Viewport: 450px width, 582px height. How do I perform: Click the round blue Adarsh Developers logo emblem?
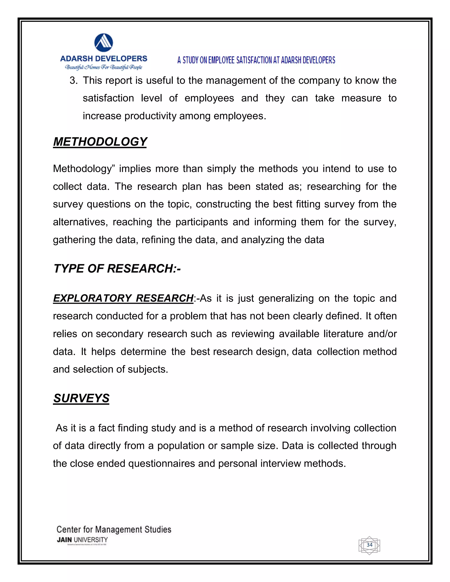coord(104,43)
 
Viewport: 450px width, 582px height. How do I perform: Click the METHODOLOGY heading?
coord(100,142)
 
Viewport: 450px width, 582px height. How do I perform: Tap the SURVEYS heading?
coord(81,398)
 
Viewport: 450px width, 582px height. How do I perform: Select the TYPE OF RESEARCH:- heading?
coord(117,269)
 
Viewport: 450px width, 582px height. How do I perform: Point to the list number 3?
coord(73,80)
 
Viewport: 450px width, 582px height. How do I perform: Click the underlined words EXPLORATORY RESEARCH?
coord(123,298)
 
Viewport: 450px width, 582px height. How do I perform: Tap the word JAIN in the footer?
coord(64,540)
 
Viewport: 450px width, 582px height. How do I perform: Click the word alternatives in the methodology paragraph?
coord(80,222)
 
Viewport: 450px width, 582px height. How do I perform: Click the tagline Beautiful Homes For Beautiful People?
coord(104,67)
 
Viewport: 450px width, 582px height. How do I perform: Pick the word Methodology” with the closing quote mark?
coord(84,169)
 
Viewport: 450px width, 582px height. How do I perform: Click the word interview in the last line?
coord(280,463)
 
